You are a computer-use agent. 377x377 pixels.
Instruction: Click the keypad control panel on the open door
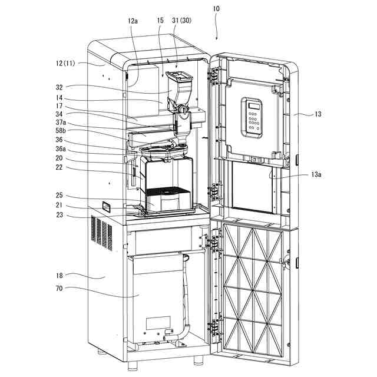[x=252, y=117]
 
